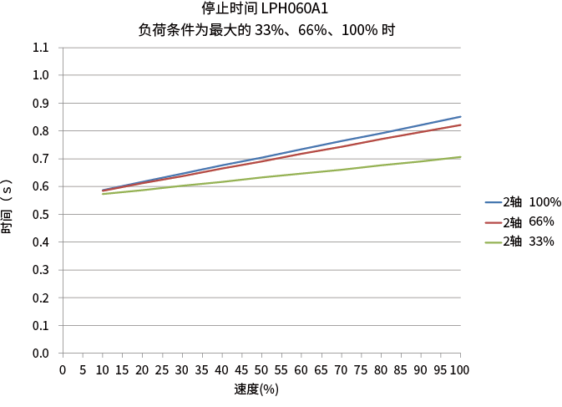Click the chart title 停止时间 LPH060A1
(265, 9)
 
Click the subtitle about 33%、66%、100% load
(266, 29)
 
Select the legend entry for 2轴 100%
(523, 202)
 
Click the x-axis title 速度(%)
(256, 389)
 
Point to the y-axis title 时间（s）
(8, 206)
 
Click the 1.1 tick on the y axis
(41, 48)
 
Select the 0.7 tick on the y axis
(41, 159)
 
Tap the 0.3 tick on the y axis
(41, 270)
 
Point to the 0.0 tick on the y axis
(41, 354)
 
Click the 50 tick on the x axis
(261, 369)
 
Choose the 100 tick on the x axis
(460, 369)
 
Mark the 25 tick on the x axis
(162, 369)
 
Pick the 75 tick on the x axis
(361, 369)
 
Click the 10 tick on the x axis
(103, 369)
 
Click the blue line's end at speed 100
(460, 117)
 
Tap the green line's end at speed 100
(460, 157)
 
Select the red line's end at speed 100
(460, 125)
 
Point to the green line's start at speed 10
(103, 194)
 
